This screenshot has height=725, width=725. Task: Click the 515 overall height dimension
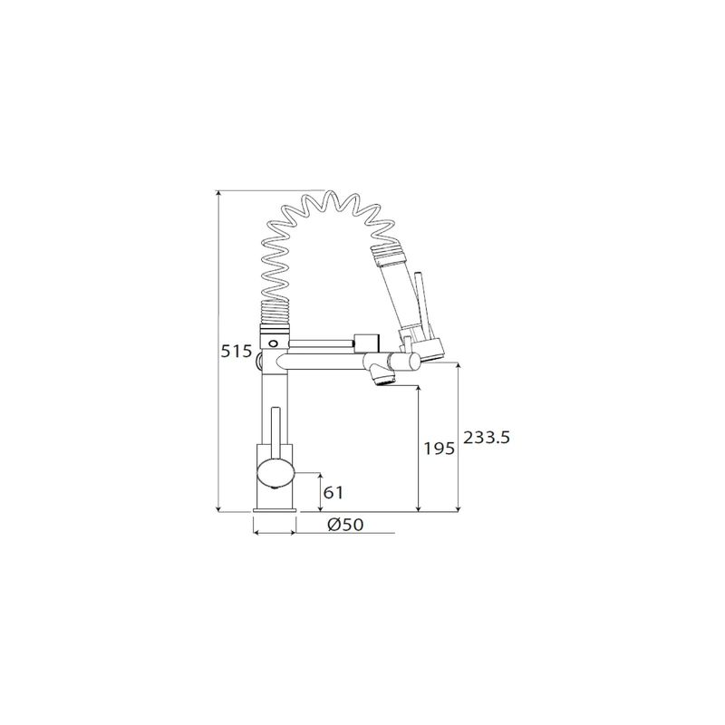click(x=236, y=352)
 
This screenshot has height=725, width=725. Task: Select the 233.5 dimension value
click(x=487, y=437)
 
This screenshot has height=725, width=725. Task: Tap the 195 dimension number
click(x=440, y=448)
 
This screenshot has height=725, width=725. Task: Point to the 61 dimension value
click(x=333, y=493)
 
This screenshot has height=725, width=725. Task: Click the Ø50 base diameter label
click(x=345, y=525)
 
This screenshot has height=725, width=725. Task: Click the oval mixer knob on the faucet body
click(x=276, y=473)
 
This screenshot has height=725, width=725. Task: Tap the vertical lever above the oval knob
click(x=275, y=432)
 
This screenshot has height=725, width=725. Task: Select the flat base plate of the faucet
click(x=275, y=510)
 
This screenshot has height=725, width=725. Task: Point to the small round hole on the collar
click(x=274, y=343)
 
